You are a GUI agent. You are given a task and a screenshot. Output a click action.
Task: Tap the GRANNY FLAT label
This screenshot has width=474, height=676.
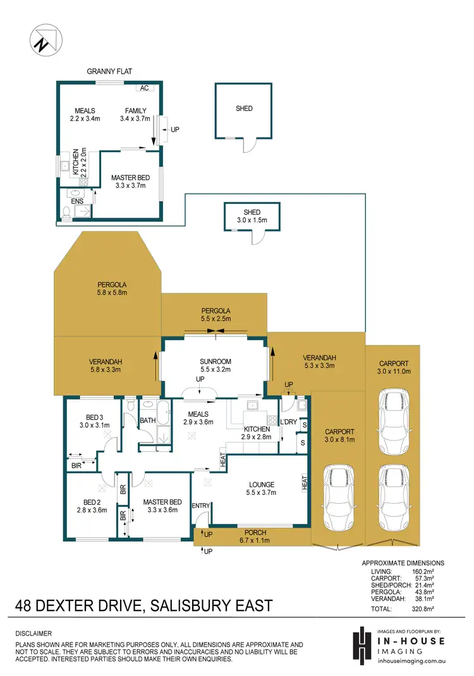109,73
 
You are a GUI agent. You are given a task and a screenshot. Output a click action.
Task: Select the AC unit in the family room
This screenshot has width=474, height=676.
144,88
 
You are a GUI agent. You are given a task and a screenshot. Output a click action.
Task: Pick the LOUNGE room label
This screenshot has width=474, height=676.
261,485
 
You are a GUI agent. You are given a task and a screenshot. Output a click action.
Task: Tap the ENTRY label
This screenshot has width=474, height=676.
201,506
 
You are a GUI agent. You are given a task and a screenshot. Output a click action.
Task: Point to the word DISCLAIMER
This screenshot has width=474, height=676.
33,633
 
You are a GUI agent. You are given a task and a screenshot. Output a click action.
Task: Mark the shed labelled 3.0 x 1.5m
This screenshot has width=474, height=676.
252,216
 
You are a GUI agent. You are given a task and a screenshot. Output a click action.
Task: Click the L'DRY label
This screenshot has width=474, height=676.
288,421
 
